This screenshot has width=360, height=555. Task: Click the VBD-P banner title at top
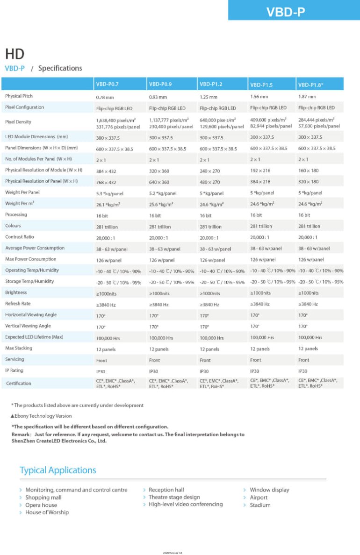click(286, 12)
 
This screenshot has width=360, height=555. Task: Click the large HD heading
click(14, 54)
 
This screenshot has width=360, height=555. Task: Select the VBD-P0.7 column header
click(108, 85)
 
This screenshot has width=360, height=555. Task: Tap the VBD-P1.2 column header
click(211, 85)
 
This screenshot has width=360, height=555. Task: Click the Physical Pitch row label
click(19, 96)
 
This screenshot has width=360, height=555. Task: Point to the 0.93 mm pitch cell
click(158, 97)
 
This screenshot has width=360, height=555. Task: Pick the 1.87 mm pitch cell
click(307, 97)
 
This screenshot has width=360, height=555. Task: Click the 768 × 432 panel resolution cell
click(106, 182)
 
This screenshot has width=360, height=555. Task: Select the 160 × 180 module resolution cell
click(308, 171)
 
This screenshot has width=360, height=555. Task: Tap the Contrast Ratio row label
click(20, 237)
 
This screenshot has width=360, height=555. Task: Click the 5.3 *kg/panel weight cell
click(110, 193)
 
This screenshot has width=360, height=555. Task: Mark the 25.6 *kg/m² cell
click(161, 204)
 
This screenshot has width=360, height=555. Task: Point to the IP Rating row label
click(14, 370)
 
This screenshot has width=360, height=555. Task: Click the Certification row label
click(19, 384)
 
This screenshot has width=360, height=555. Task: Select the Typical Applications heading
click(58, 470)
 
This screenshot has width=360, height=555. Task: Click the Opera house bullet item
click(41, 505)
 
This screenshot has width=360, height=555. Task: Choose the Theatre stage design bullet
click(174, 497)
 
